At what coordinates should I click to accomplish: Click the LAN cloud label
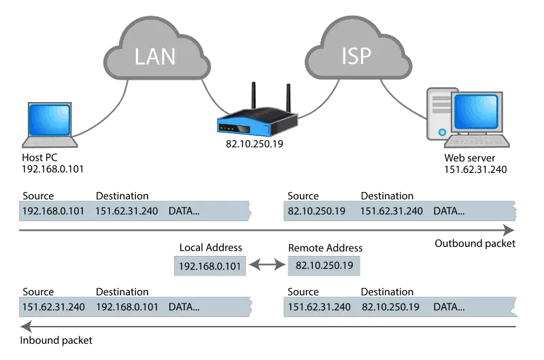click(155, 56)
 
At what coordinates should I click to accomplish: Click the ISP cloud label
click(356, 56)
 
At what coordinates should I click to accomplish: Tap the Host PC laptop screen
click(49, 120)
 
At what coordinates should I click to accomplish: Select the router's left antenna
click(254, 95)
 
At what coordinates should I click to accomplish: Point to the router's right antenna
click(288, 97)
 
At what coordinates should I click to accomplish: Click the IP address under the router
click(254, 144)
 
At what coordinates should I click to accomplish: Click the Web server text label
click(469, 158)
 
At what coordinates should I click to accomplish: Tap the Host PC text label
click(39, 158)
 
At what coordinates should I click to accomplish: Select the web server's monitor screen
click(476, 112)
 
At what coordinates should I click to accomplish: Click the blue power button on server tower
click(442, 132)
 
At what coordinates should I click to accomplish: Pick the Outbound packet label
click(475, 244)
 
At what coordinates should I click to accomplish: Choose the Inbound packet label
click(56, 340)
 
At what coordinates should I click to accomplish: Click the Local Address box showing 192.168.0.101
click(210, 266)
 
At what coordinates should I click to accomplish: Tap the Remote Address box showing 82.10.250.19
click(324, 265)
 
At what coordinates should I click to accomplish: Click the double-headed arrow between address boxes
click(267, 265)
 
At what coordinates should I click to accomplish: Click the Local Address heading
click(211, 248)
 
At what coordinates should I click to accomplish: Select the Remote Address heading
click(325, 248)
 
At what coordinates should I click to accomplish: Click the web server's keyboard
click(477, 141)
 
